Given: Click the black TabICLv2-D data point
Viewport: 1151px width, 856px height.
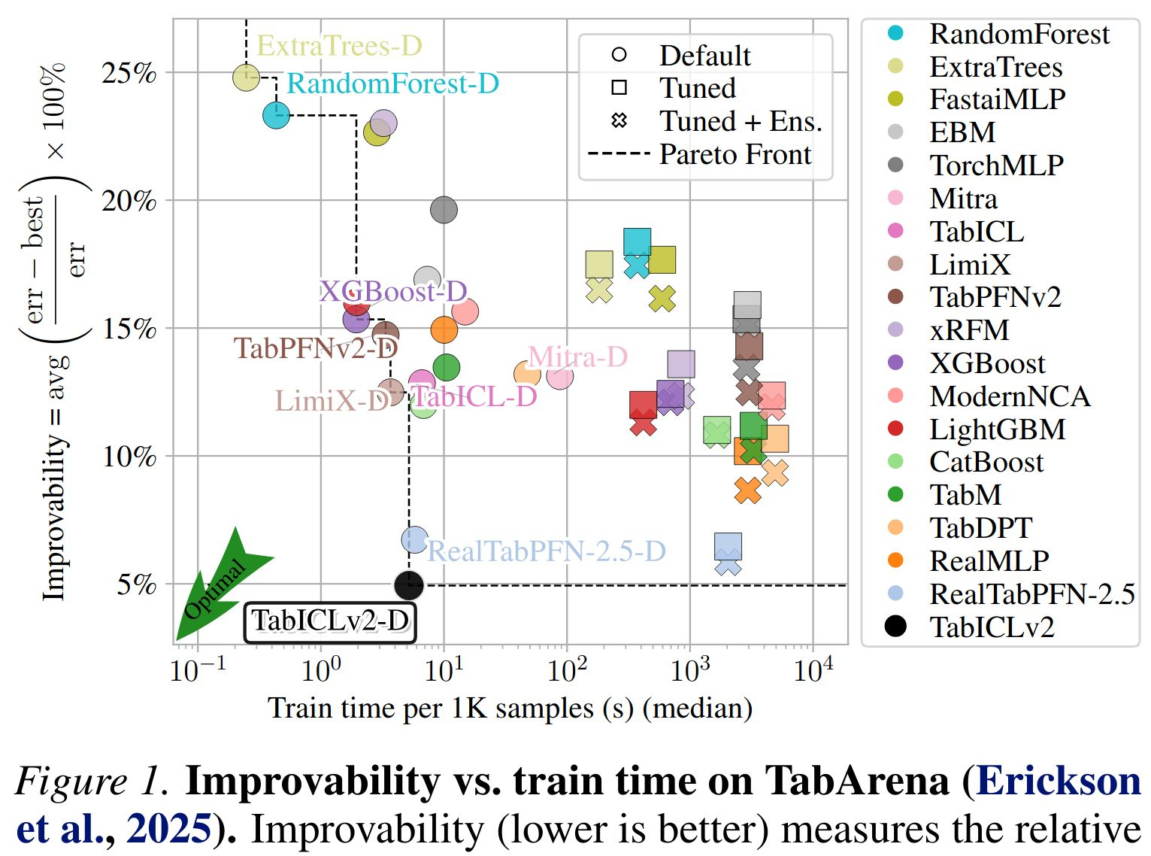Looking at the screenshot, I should (x=409, y=584).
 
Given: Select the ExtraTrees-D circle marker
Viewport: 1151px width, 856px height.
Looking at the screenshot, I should (x=246, y=77).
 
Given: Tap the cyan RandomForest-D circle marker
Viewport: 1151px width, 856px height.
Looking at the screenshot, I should (x=277, y=115).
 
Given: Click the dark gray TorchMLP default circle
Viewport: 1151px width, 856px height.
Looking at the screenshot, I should (x=444, y=210).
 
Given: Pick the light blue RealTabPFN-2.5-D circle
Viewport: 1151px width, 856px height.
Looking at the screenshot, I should (x=415, y=539).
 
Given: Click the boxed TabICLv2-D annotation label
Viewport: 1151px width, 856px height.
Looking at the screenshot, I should (x=330, y=621).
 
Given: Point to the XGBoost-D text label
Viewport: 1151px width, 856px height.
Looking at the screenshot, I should (x=393, y=291).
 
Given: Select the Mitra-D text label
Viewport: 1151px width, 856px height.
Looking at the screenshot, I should (x=577, y=356).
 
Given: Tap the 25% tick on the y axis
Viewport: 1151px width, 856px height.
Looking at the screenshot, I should (x=129, y=74).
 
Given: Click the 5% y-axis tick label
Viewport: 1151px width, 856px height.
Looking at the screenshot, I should (x=136, y=584).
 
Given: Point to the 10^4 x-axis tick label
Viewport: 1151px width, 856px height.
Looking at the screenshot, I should (x=813, y=669).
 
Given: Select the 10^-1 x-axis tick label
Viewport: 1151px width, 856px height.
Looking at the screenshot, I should (x=197, y=669).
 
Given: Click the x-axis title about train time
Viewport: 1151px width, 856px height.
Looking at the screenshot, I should (x=510, y=709).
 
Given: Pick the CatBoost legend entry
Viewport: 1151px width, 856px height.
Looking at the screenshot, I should (x=986, y=462).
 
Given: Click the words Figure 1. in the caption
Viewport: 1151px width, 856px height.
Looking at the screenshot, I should (x=92, y=781).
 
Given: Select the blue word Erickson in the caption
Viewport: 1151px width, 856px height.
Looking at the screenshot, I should (x=1058, y=781).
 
